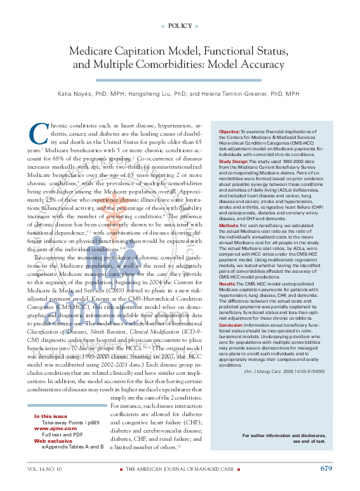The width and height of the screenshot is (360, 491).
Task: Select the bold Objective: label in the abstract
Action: click(229, 131)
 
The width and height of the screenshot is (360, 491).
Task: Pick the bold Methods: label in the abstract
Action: click(229, 225)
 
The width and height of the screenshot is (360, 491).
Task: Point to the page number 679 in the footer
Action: click(326, 468)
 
